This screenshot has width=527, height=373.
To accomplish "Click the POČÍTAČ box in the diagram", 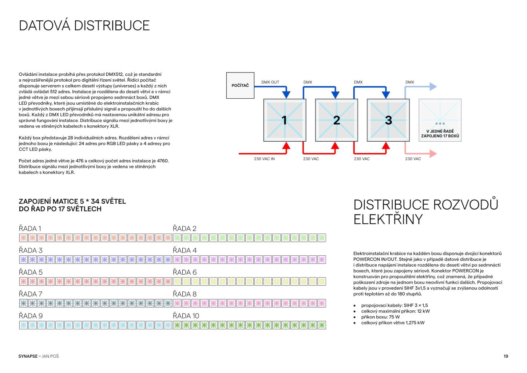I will (x=240, y=85).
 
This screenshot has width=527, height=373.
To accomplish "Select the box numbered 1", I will (x=285, y=120).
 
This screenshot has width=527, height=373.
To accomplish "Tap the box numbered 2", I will (x=336, y=120).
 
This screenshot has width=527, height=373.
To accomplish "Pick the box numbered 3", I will (x=388, y=120).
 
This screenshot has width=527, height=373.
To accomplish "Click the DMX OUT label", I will (x=270, y=82).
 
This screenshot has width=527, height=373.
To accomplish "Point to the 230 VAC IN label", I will (x=264, y=159).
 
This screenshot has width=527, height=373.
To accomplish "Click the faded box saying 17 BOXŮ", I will (x=440, y=120).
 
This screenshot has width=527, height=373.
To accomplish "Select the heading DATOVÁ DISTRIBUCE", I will (x=84, y=25).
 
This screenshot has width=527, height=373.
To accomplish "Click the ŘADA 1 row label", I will (x=30, y=228).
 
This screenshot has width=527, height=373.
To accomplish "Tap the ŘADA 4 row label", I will (x=185, y=250).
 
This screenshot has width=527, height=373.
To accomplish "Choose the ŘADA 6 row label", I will (x=185, y=272).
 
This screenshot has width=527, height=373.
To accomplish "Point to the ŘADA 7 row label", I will (x=31, y=294).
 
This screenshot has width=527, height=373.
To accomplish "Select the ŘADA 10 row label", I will (x=186, y=316).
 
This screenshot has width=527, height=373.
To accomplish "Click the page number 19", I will (x=506, y=356).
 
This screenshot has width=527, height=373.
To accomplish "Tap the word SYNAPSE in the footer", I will (x=28, y=356).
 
